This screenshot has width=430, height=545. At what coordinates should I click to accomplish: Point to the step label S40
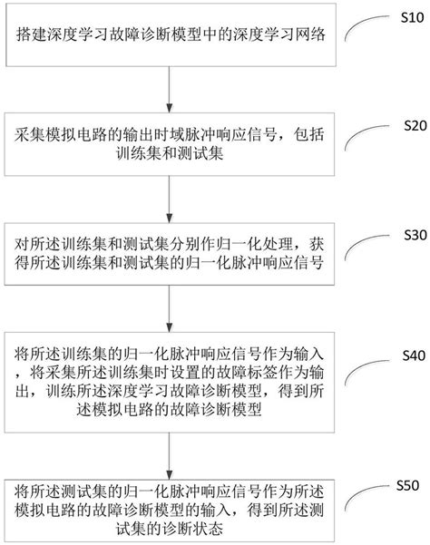[x=401, y=355]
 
